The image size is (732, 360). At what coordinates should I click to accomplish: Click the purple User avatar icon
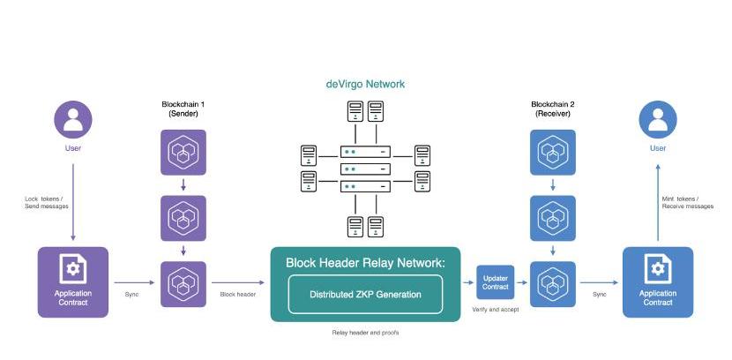click(x=73, y=119)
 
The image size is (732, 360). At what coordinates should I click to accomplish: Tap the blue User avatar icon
click(x=658, y=119)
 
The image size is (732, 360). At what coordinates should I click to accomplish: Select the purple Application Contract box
click(x=73, y=281)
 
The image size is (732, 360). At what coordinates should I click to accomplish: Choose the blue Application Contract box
click(x=658, y=281)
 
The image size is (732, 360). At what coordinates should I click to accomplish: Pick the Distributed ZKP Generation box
click(x=364, y=295)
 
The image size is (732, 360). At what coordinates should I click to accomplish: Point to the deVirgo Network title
click(x=365, y=85)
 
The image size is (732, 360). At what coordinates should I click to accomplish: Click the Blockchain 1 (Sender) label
click(x=183, y=109)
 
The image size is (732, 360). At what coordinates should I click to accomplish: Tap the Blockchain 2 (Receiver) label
click(x=553, y=109)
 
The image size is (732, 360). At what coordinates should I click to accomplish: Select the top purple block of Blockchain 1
click(x=183, y=152)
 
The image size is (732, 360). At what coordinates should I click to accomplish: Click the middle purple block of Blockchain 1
click(x=183, y=218)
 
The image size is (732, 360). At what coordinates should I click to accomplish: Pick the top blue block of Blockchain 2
click(x=553, y=152)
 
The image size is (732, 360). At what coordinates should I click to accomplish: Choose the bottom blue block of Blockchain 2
click(x=553, y=283)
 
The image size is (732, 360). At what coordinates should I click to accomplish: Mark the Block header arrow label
click(x=237, y=294)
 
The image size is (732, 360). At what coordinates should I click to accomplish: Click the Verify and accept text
click(x=496, y=311)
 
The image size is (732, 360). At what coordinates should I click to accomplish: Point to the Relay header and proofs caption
click(x=364, y=334)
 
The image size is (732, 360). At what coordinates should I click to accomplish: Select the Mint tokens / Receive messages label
click(x=686, y=203)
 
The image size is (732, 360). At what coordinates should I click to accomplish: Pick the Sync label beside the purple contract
click(x=132, y=294)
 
